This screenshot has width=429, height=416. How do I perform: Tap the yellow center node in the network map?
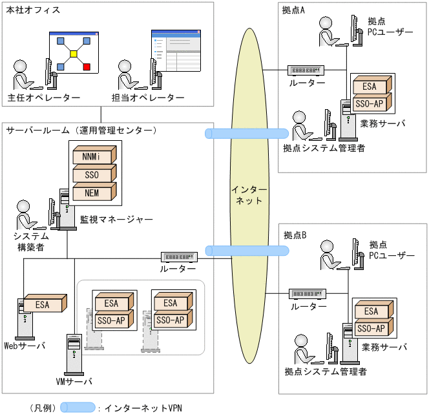pyautogui.click(x=74, y=54)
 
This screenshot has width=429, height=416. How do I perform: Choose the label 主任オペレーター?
pyautogui.click(x=44, y=98)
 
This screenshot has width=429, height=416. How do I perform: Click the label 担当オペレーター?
pyautogui.click(x=153, y=98)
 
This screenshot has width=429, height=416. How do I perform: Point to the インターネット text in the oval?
pyautogui.click(x=249, y=194)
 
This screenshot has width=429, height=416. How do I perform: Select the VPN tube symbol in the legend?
pyautogui.click(x=78, y=408)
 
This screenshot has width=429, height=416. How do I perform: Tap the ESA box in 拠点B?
pyautogui.click(x=372, y=311)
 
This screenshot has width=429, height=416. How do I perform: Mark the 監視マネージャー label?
pyautogui.click(x=117, y=220)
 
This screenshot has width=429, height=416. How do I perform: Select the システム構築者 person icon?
pyautogui.click(x=24, y=214)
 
